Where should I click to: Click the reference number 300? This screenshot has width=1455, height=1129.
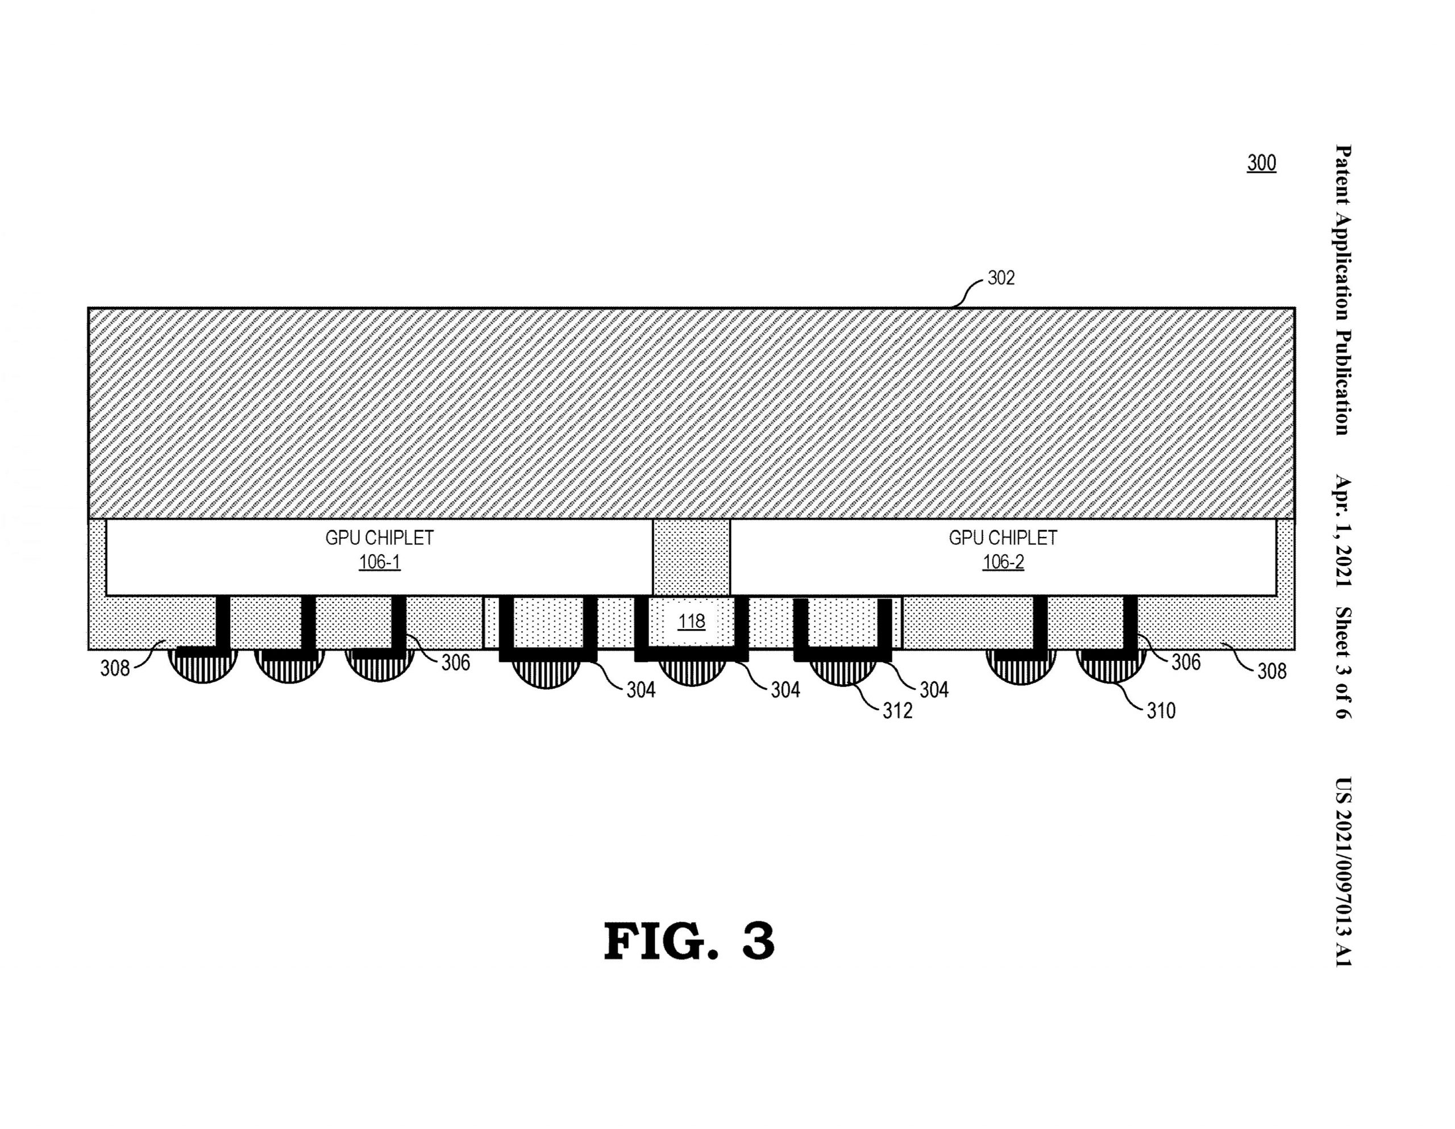(1261, 163)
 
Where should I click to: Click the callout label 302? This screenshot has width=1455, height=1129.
(1001, 278)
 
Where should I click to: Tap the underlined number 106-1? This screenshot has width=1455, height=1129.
(380, 562)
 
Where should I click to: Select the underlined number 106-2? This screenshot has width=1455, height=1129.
(1003, 562)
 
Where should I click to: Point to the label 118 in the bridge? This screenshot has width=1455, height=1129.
(692, 622)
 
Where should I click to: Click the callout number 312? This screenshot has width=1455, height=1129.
(897, 711)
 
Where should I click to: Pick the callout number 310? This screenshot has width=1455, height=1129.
(1161, 711)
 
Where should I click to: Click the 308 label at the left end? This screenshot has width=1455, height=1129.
(115, 668)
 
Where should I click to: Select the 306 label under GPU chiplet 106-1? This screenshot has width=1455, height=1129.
(456, 662)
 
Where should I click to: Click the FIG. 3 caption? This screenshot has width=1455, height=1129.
(689, 941)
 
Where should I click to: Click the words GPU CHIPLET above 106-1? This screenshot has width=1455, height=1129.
(380, 538)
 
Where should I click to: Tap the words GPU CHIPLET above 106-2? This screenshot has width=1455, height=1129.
(1003, 538)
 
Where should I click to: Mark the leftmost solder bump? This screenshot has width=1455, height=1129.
(203, 668)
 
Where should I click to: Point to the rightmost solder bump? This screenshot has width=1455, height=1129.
(1111, 668)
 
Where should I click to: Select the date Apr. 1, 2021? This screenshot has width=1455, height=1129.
(1343, 531)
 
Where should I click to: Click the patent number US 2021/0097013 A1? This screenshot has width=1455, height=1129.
(1343, 873)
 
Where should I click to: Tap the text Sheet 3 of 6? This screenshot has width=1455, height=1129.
(1343, 663)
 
